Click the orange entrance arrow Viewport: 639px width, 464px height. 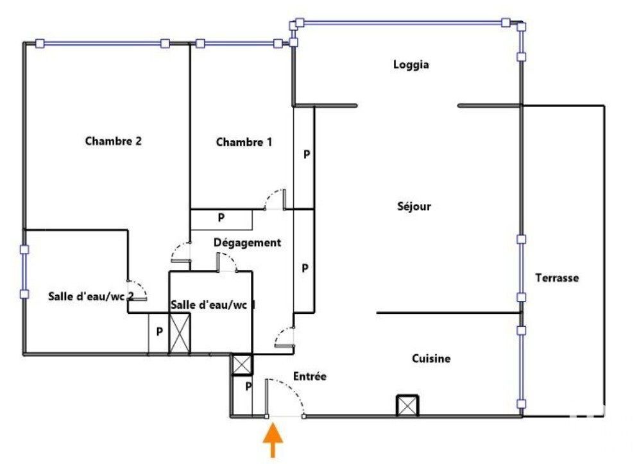[273, 440]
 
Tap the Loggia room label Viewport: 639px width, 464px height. [411, 65]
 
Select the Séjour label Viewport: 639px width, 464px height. [414, 206]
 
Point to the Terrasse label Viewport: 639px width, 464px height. [557, 278]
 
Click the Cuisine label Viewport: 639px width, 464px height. [431, 359]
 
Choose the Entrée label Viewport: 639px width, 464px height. [310, 376]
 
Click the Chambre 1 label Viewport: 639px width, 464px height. [244, 142]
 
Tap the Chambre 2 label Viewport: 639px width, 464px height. [114, 141]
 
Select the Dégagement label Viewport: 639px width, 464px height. [248, 243]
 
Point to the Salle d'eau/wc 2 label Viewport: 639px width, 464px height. [91, 296]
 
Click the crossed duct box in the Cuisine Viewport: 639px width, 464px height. [407, 406]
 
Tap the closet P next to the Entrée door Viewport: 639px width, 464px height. [248, 386]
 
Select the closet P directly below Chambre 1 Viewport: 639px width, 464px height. [221, 218]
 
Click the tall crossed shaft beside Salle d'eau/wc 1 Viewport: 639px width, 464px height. [180, 333]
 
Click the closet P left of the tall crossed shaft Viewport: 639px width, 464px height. [159, 332]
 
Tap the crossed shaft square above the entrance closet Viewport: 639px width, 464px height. [242, 364]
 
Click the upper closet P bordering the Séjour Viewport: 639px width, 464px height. [307, 155]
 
